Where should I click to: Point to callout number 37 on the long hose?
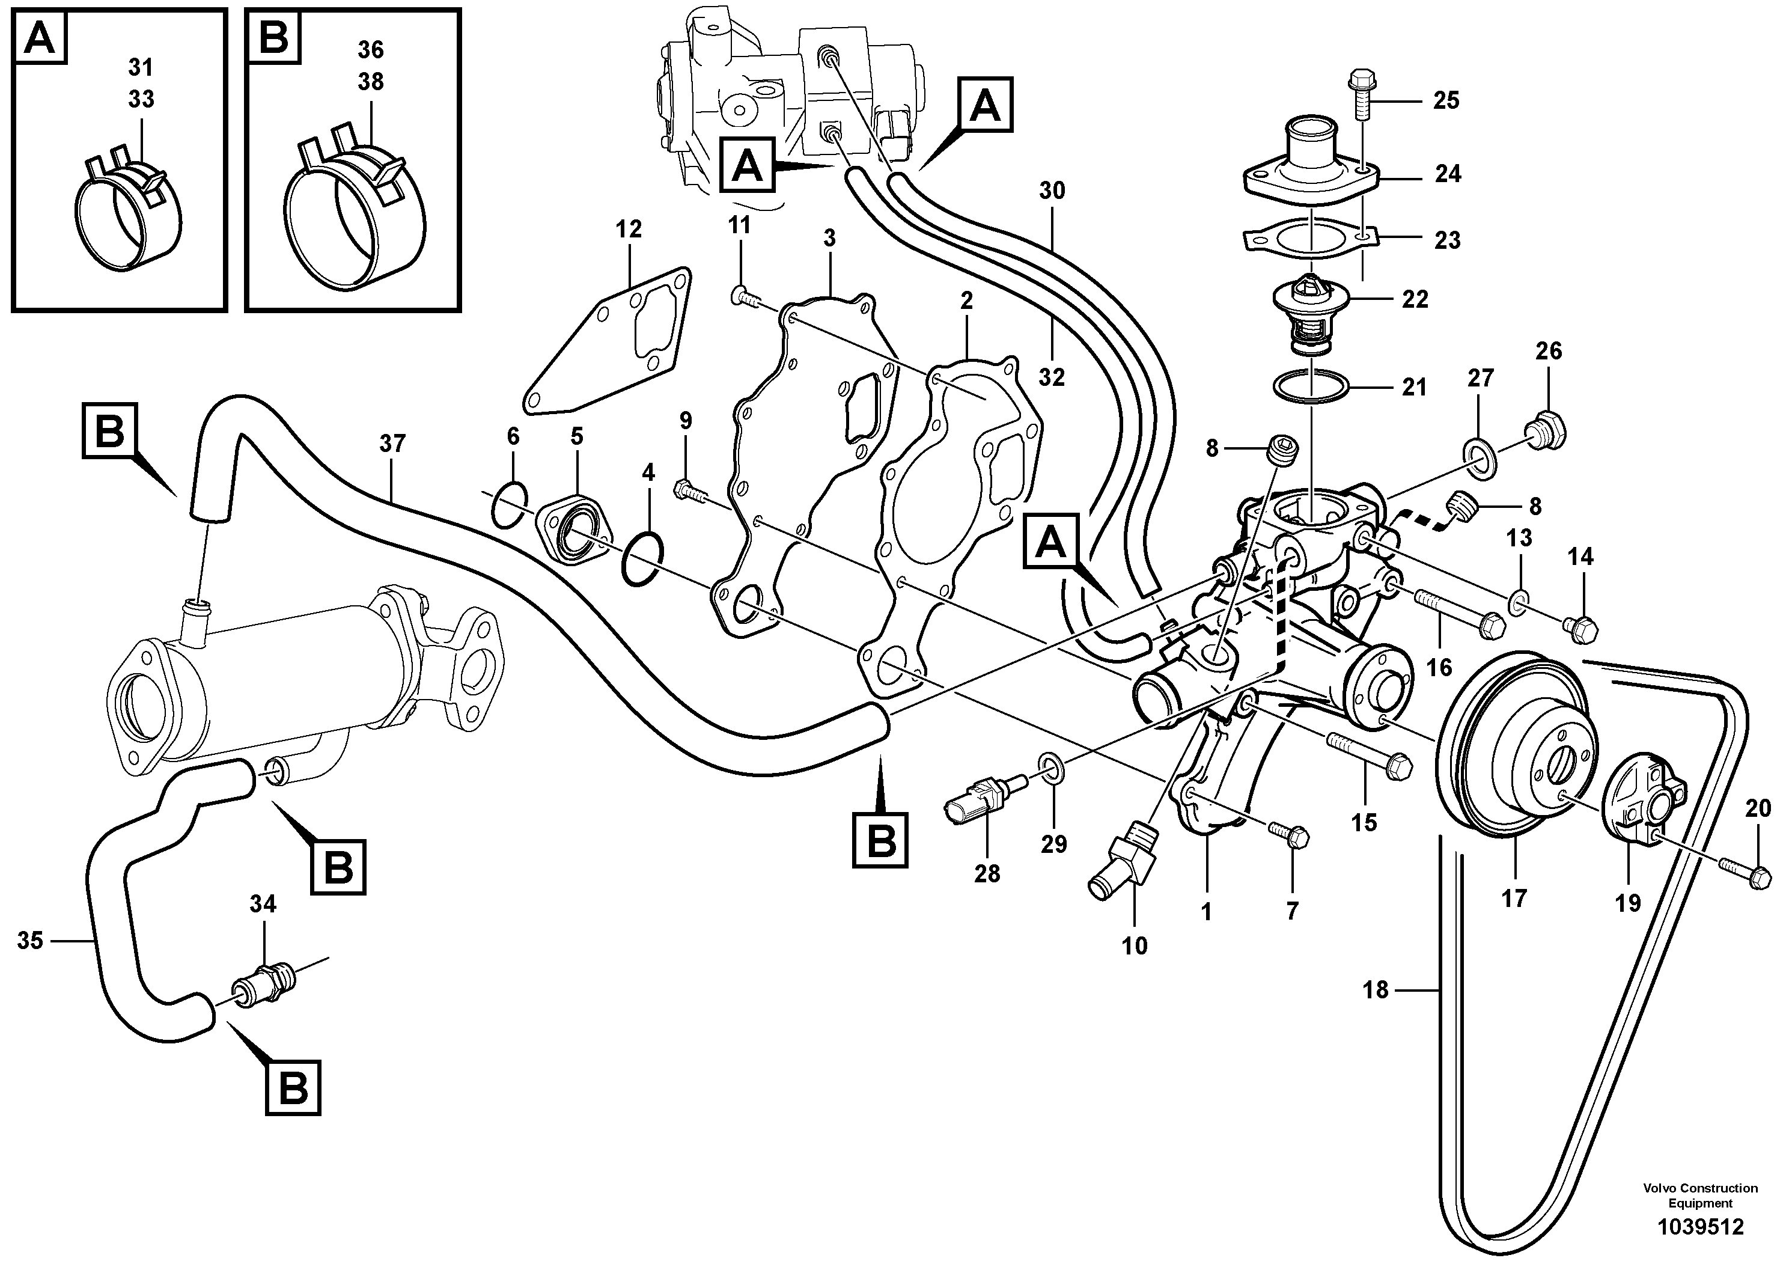click(392, 444)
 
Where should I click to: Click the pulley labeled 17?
click(1508, 749)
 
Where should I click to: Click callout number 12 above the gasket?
click(628, 230)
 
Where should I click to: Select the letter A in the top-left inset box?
click(40, 37)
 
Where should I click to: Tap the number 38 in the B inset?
click(370, 82)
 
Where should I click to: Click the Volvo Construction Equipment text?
click(1699, 1195)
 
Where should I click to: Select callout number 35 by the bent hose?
click(29, 941)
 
